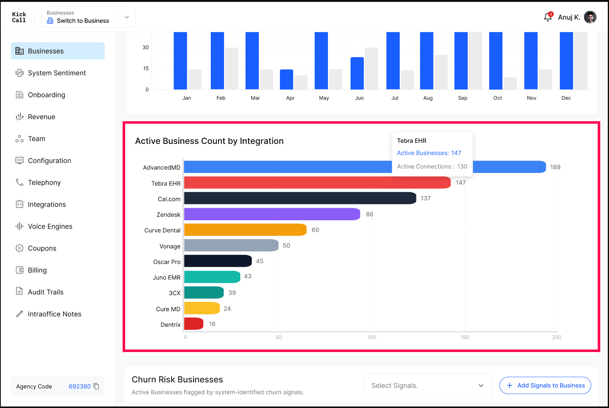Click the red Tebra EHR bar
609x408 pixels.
pyautogui.click(x=317, y=183)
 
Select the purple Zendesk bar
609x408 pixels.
pyautogui.click(x=272, y=214)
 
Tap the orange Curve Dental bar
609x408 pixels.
pyautogui.click(x=245, y=230)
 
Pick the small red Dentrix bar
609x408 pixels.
pyautogui.click(x=193, y=324)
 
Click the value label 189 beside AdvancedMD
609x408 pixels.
pyautogui.click(x=555, y=167)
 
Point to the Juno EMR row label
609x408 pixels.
pyautogui.click(x=166, y=278)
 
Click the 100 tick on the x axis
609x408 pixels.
pyautogui.click(x=372, y=337)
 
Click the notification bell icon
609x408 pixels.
pyautogui.click(x=548, y=17)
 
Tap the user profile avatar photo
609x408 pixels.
pyautogui.click(x=590, y=17)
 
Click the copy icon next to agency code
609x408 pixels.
pyautogui.click(x=96, y=386)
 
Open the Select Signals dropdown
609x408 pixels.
pyautogui.click(x=428, y=385)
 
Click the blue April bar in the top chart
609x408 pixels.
pyautogui.click(x=287, y=79)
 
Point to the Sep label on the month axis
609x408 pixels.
pyautogui.click(x=462, y=98)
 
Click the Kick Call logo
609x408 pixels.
pyautogui.click(x=19, y=17)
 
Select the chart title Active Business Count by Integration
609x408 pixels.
pyautogui.click(x=209, y=141)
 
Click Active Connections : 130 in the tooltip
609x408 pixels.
pyautogui.click(x=432, y=166)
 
